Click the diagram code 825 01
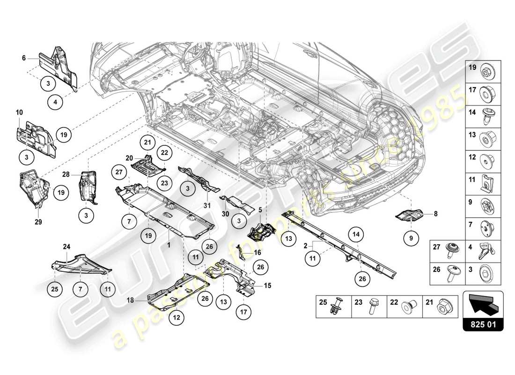tap(483, 323)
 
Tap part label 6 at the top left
tap(23, 58)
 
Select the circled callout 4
tap(55, 101)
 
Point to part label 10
tap(19, 112)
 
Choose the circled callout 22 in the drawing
tap(164, 153)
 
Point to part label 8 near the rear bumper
tap(435, 214)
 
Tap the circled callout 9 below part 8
tap(411, 238)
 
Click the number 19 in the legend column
tap(472, 68)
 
